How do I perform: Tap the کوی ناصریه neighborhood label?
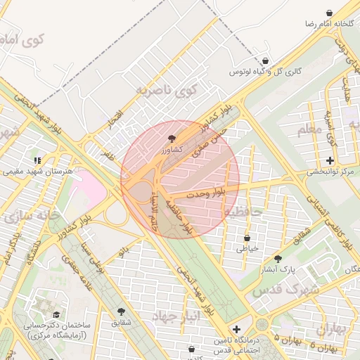pyautogui.click(x=167, y=90)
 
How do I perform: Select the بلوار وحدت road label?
pyautogui.click(x=202, y=192)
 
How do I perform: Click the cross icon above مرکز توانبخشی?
pyautogui.click(x=330, y=161)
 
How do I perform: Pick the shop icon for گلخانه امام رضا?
pyautogui.click(x=329, y=13)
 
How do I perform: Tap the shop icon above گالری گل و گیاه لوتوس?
pyautogui.click(x=265, y=61)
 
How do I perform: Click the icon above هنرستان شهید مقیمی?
pyautogui.click(x=37, y=160)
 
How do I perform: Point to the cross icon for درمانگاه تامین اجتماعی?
pyautogui.click(x=236, y=329)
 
